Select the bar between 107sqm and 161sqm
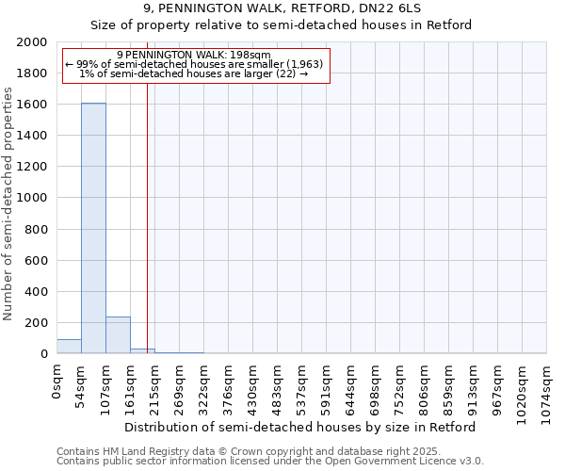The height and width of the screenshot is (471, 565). pos(118,335)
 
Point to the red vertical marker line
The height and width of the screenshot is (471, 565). pos(147,217)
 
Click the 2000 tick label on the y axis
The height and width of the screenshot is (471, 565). pos(32,42)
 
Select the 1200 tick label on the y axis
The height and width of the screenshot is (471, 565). pos(32,167)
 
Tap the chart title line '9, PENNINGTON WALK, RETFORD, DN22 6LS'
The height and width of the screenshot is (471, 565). pos(282,8)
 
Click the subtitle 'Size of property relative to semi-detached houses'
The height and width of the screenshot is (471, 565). pos(282,24)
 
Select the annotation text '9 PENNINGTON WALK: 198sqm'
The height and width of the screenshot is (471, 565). pos(194,55)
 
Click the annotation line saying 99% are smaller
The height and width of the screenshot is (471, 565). pos(194,64)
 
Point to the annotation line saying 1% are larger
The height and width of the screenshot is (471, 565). pos(194,73)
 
